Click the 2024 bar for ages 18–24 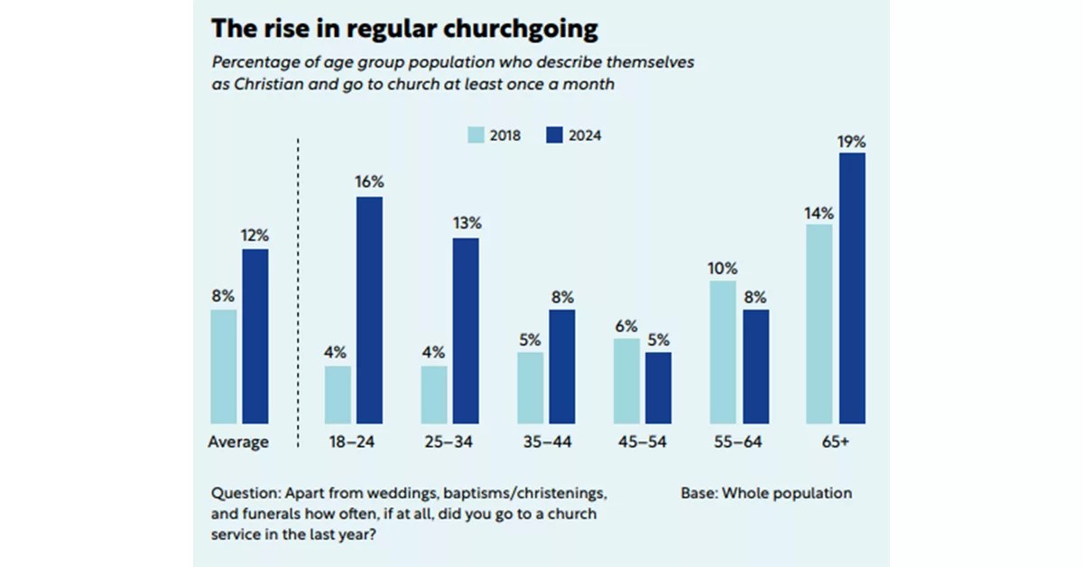coord(369,310)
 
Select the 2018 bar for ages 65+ coord(819,323)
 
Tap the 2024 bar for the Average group coord(255,336)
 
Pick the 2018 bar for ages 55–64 coord(723,351)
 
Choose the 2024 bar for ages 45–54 coord(659,387)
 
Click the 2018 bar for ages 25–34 coord(434,394)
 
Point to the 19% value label coord(852,142)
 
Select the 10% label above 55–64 coord(723,268)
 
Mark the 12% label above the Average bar coord(255,236)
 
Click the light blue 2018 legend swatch coord(475,135)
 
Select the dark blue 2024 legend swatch coord(554,135)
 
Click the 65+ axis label coord(836,442)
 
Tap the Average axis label coord(238,442)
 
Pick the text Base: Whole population coord(766,493)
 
